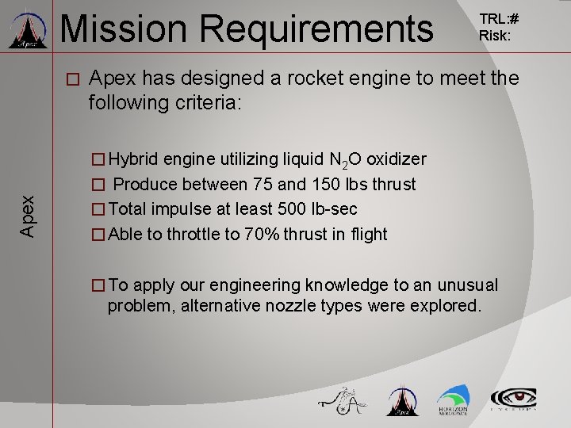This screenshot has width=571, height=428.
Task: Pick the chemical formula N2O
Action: point(346,160)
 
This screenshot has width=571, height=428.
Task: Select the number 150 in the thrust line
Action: point(305,185)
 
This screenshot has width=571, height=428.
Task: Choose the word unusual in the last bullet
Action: point(472,285)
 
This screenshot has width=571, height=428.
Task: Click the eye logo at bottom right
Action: point(513,399)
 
